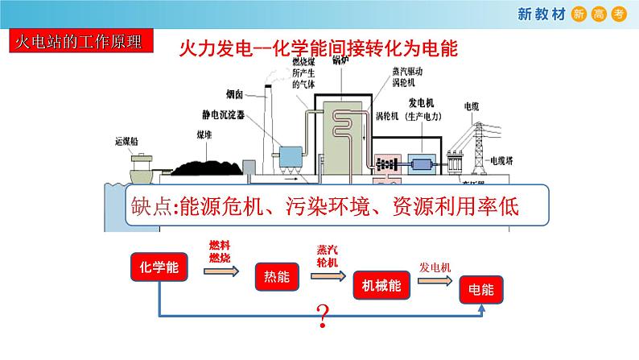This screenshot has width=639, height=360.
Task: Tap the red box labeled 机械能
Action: [x=381, y=285]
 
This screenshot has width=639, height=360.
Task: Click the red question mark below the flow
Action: [x=324, y=317]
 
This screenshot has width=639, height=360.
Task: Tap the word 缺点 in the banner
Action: [x=154, y=208]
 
